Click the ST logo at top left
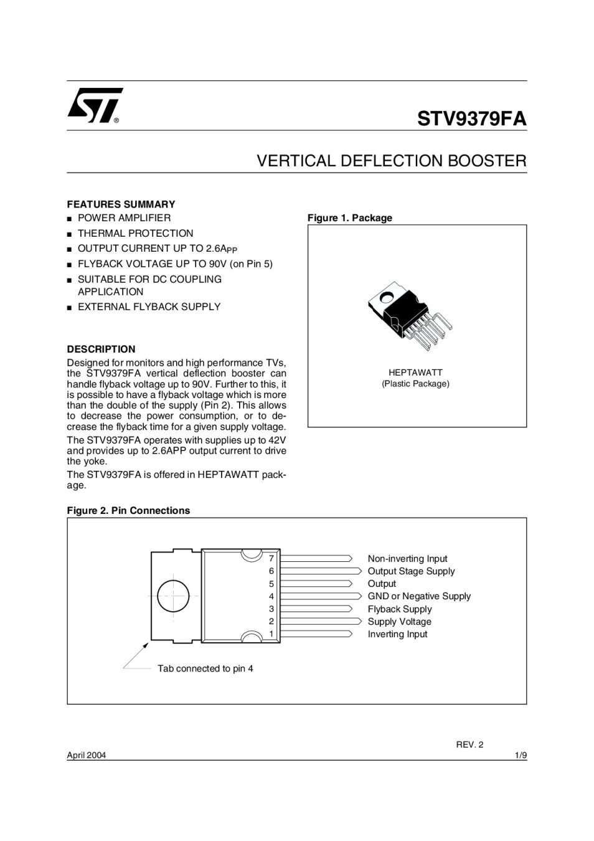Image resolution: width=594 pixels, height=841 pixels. [95, 105]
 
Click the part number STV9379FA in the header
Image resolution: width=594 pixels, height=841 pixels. [471, 118]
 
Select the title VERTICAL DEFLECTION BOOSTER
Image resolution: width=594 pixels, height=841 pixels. [392, 161]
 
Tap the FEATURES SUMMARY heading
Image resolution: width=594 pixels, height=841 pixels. [121, 204]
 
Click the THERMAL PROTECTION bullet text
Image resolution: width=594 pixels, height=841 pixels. [135, 233]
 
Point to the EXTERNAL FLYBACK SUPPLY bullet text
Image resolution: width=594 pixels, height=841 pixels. [149, 306]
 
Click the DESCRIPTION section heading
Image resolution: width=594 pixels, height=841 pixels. [101, 349]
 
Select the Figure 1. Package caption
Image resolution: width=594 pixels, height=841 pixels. [350, 218]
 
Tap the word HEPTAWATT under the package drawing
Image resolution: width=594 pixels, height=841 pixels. [415, 373]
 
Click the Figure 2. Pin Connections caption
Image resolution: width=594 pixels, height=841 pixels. [128, 510]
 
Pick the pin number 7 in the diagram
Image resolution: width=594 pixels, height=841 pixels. [271, 558]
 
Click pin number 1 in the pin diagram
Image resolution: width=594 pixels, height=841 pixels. [271, 634]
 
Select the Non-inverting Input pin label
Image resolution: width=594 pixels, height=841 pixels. [407, 559]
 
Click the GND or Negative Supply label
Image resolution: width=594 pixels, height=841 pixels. [419, 596]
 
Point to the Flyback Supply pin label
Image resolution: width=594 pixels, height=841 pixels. [399, 609]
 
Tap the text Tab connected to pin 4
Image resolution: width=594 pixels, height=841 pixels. [205, 668]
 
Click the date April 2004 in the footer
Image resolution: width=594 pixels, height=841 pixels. [87, 755]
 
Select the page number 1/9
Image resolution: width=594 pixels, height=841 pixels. [521, 755]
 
